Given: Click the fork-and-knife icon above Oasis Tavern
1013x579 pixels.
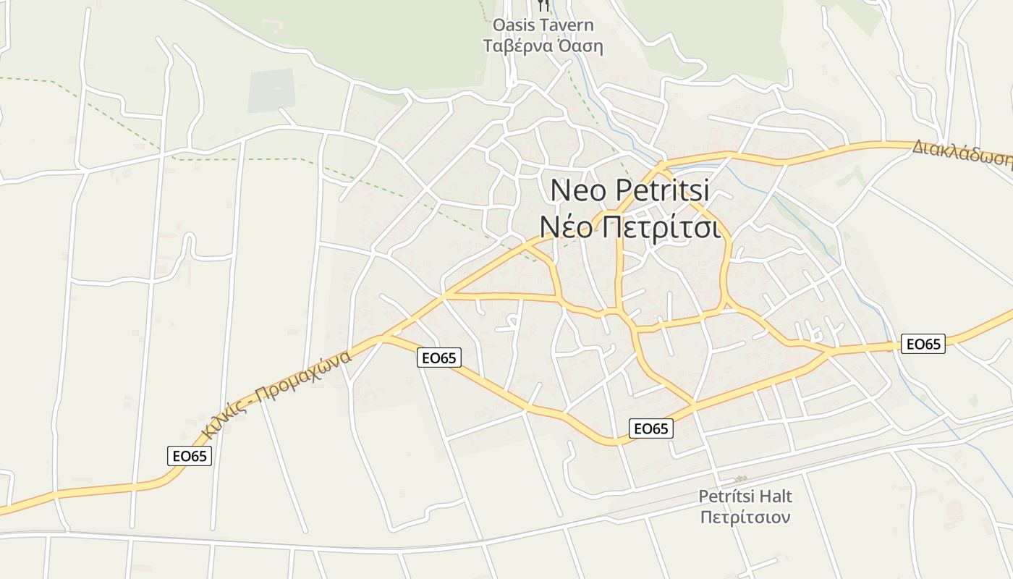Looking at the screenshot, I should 543,6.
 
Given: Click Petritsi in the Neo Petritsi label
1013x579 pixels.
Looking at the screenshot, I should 664,190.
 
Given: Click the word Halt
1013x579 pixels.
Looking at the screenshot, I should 774,496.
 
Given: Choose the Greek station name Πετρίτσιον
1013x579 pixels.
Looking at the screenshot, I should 745,517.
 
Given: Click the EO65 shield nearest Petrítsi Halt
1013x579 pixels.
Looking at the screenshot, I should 650,428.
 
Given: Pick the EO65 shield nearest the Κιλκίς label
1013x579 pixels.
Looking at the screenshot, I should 190,456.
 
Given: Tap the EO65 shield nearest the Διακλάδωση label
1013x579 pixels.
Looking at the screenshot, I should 923,344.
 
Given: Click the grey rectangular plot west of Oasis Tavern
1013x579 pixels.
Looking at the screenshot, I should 271,91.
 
